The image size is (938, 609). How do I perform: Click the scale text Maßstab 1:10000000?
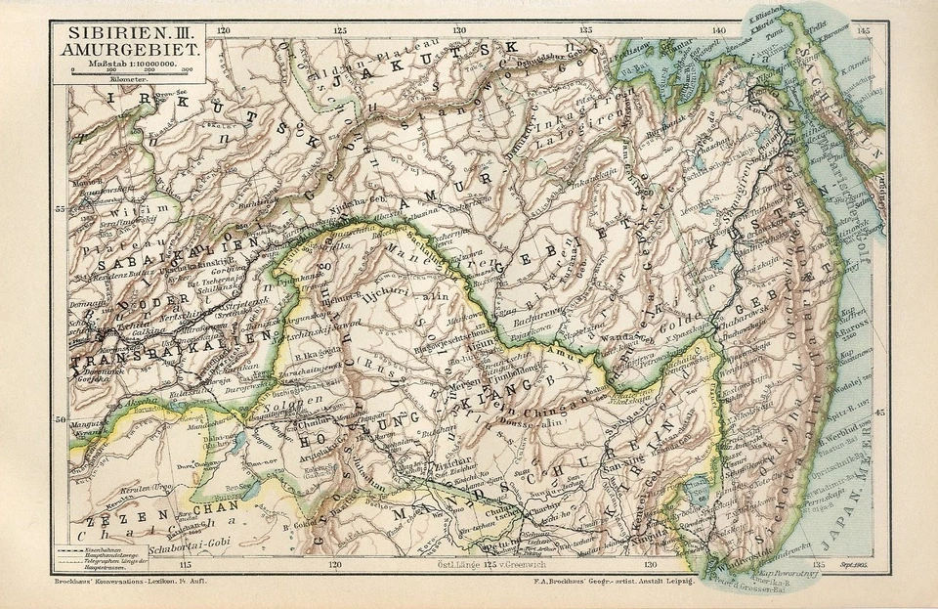(x=134, y=63)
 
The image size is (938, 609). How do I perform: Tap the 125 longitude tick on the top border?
(x=339, y=31)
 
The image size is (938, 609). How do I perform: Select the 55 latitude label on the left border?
(x=59, y=209)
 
